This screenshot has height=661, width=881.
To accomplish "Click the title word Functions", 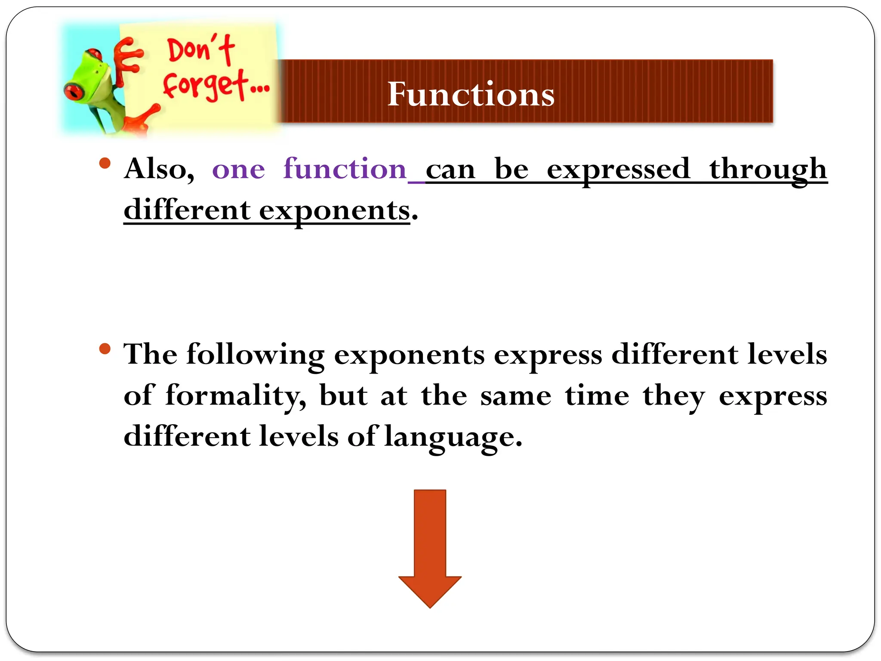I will [x=471, y=94].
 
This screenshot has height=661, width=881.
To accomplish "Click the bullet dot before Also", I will [x=105, y=163].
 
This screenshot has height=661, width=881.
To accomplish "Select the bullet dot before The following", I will [x=105, y=348].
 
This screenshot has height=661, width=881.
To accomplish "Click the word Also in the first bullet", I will [x=159, y=169].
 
